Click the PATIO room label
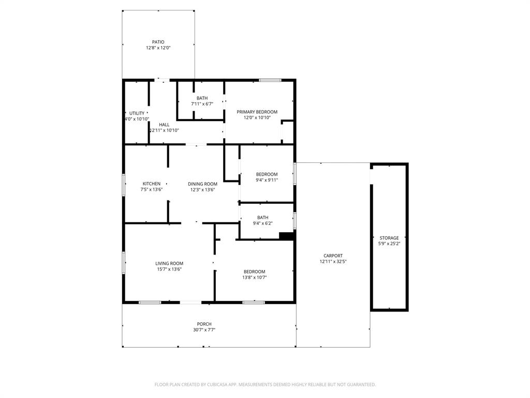[x=158, y=42]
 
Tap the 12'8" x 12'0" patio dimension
[x=158, y=48]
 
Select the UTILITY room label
[x=137, y=113]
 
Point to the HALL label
[x=164, y=124]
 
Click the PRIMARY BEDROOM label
[x=257, y=112]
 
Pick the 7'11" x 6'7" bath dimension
[x=202, y=104]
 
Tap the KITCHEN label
[x=152, y=183]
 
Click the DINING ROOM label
[x=202, y=183]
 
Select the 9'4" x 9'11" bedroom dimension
[x=267, y=180]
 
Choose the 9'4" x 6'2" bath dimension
[x=262, y=223]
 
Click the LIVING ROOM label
[x=169, y=263]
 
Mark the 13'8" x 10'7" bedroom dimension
[x=255, y=277]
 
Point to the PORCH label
[x=204, y=324]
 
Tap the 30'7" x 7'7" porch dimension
[x=204, y=330]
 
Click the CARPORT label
[x=333, y=255]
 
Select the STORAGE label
[x=389, y=238]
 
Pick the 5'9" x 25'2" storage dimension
[x=389, y=244]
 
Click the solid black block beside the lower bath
[x=286, y=236]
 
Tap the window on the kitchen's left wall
[x=124, y=185]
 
